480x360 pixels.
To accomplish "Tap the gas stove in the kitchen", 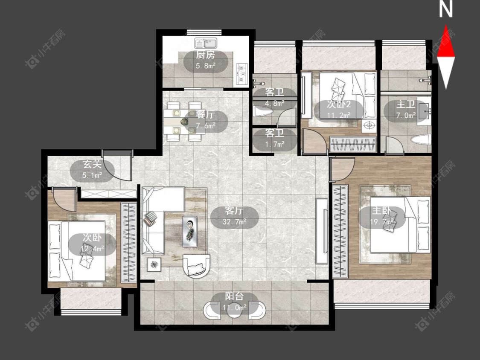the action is tap(242, 73).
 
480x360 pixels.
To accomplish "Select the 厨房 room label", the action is tap(205, 55).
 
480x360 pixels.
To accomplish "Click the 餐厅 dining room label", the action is tap(205, 115).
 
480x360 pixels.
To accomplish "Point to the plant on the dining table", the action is tap(184, 122).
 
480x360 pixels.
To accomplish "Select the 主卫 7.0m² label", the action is tap(406, 110).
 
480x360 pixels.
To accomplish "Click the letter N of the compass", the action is tap(446, 9).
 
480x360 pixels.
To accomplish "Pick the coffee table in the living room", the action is tap(190, 231).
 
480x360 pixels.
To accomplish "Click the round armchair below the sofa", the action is tap(196, 266).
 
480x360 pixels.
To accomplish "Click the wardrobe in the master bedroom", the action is tap(340, 230).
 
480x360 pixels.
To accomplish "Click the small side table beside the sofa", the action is tap(154, 264).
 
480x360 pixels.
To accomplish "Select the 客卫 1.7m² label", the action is tap(275, 138).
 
